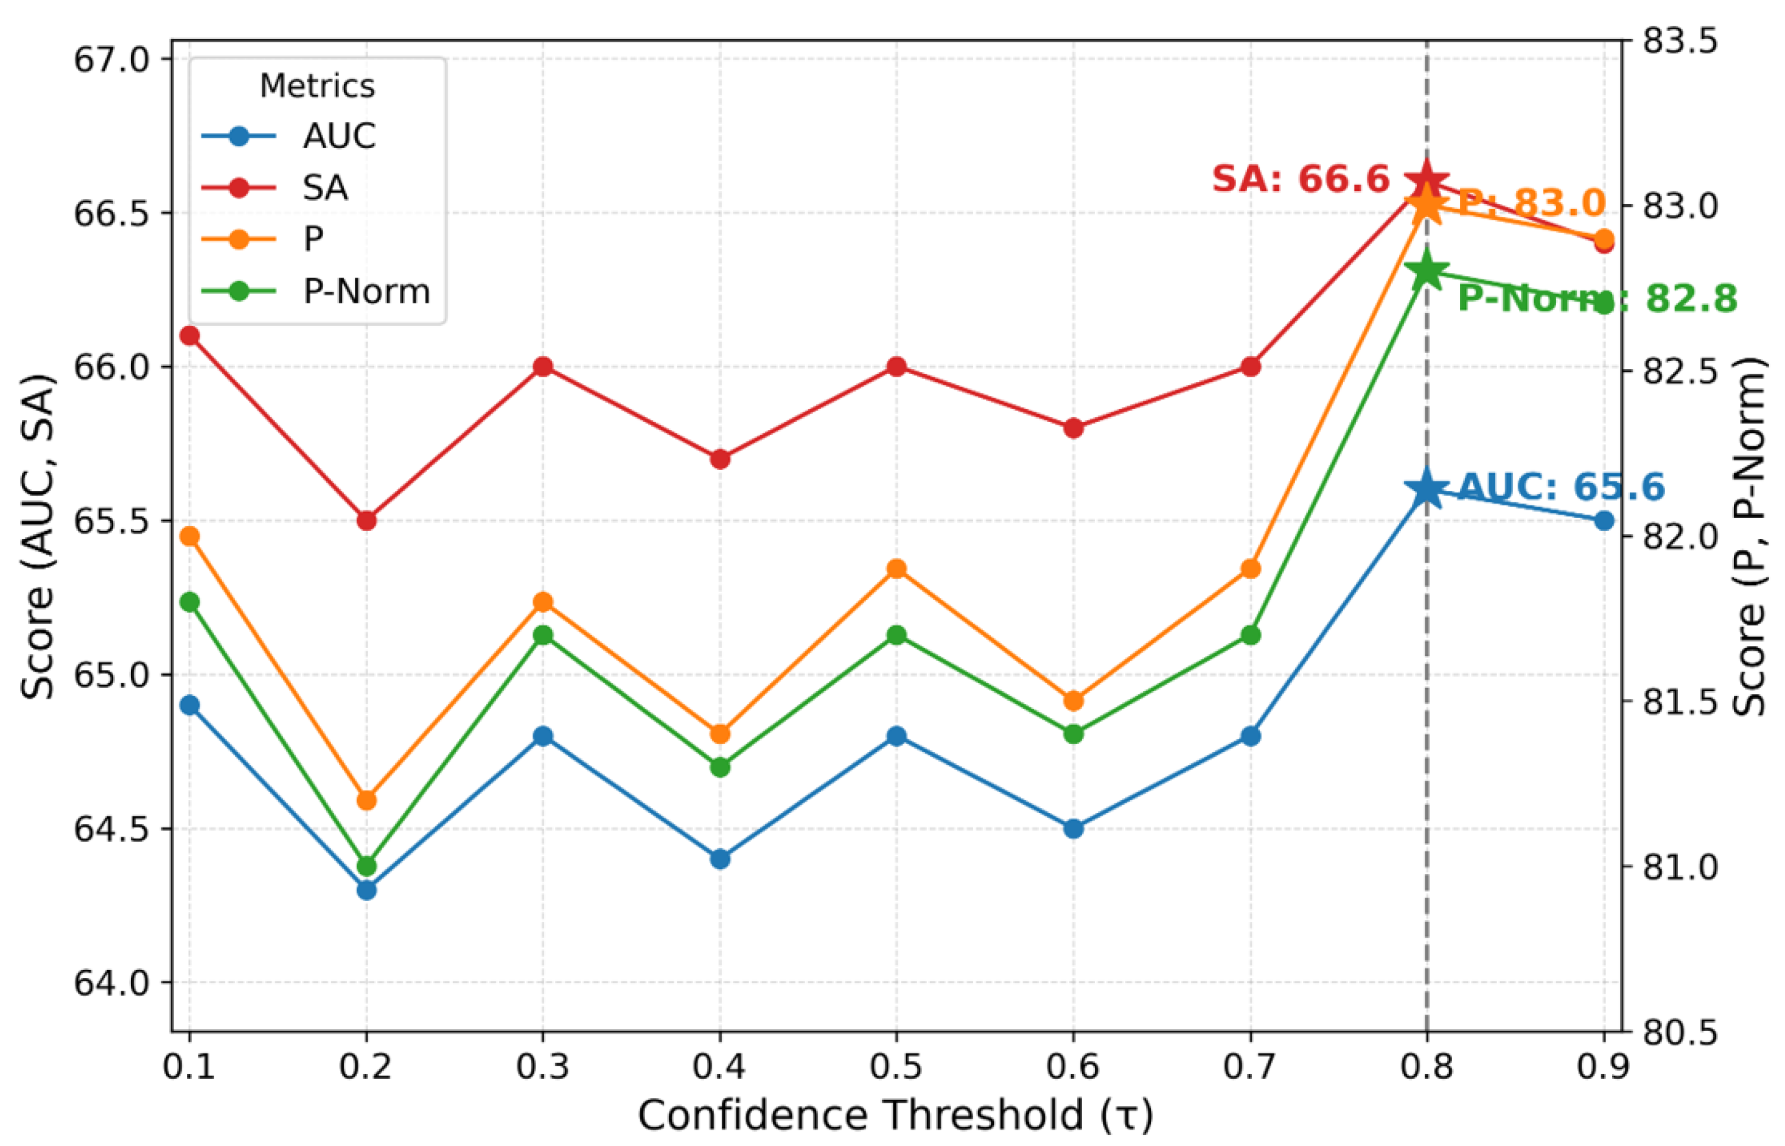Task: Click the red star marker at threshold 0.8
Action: (1427, 181)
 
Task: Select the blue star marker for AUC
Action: (1427, 489)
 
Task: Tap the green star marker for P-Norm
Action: (1427, 272)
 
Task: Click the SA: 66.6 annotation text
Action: (1300, 180)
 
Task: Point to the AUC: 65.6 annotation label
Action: (1561, 487)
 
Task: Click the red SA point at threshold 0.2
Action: (366, 520)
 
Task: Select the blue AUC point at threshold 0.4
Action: (719, 859)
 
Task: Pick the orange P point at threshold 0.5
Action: (896, 569)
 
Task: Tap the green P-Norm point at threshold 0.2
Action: (366, 866)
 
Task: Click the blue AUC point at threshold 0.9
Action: (1604, 520)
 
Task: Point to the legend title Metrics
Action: (318, 86)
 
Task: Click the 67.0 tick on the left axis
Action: (111, 60)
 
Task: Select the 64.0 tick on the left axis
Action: (111, 983)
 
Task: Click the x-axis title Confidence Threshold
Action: (896, 1116)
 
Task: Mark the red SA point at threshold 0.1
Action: (190, 336)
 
